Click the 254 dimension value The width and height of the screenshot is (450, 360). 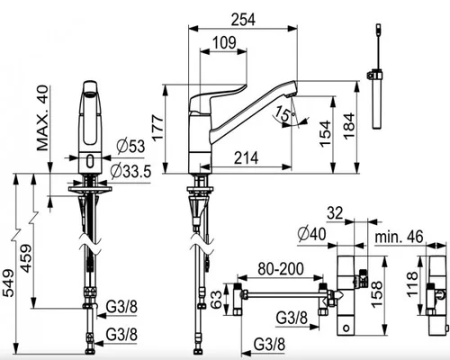[243, 20]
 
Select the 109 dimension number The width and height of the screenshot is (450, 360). [224, 43]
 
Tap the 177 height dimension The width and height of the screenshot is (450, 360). [157, 127]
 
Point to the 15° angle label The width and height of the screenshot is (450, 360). [285, 113]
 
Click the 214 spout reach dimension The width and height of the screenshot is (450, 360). [246, 158]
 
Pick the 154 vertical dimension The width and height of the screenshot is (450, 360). [326, 134]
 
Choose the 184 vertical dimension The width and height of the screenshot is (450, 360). [349, 126]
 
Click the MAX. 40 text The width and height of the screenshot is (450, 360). [42, 118]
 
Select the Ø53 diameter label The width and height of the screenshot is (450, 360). [130, 147]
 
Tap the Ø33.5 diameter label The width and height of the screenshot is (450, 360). [130, 171]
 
